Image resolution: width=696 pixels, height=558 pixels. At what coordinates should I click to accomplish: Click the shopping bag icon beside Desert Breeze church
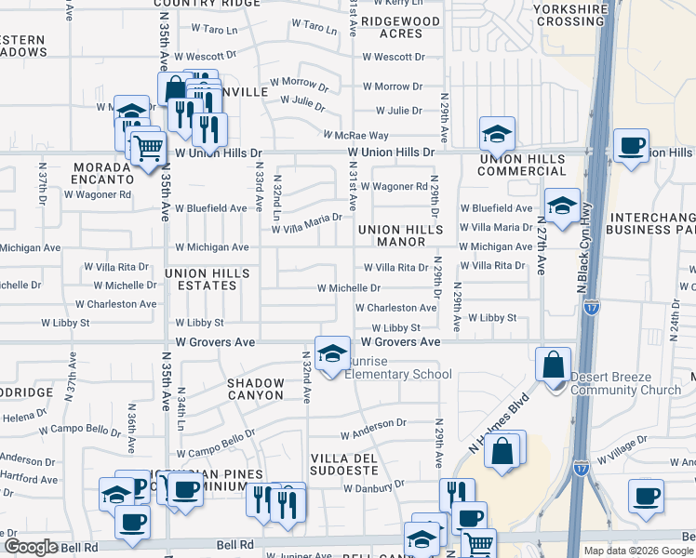coord(554,365)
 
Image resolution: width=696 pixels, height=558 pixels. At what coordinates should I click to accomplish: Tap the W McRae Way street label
coord(355,136)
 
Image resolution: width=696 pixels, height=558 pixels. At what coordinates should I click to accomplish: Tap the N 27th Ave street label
coord(541,248)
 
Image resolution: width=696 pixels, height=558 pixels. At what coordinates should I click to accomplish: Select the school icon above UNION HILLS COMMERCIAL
coord(497,135)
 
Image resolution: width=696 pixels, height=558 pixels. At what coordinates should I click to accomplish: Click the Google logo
coord(30,547)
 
